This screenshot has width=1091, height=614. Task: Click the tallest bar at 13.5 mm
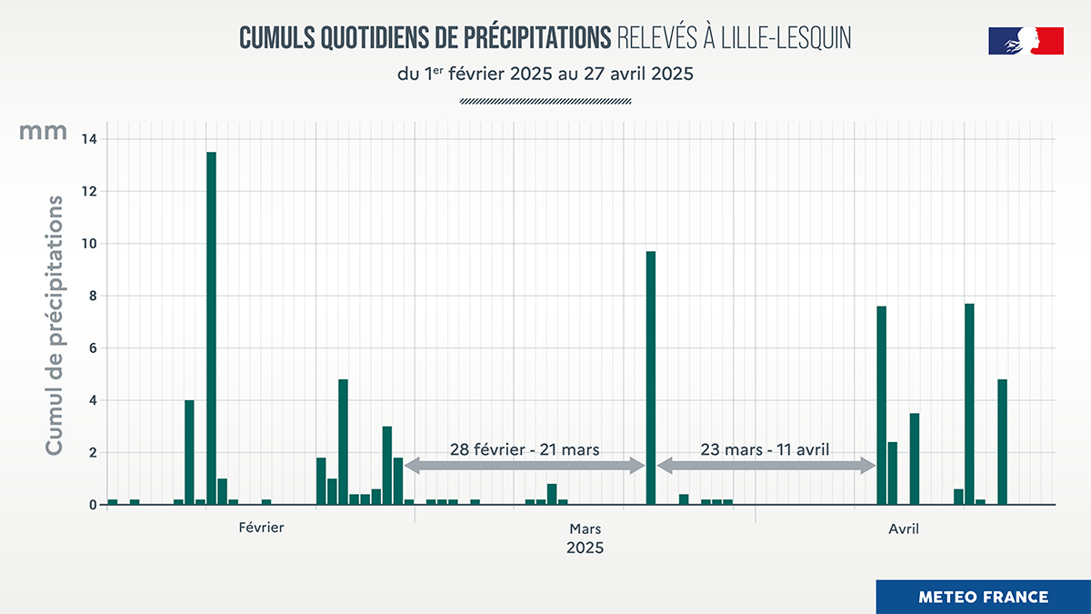coord(211,327)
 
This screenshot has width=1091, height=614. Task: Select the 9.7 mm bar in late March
coord(650,377)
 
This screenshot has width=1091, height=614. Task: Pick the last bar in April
coord(1002,441)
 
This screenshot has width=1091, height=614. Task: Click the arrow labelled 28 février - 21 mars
coord(525,466)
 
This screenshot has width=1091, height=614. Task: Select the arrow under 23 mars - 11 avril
coord(766,466)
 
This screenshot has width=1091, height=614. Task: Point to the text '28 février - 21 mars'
coord(525,448)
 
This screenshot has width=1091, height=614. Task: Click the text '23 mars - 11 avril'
coord(765,448)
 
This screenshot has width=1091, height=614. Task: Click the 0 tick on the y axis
coord(94,505)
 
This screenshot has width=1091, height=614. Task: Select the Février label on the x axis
coord(261,528)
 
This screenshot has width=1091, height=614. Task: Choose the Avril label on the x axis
coord(903,528)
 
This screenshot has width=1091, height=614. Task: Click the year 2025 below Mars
coord(585,549)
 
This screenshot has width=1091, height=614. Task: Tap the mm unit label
coord(44,132)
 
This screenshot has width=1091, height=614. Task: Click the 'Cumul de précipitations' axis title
coord(55,325)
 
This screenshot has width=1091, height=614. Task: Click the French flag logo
coord(1026,41)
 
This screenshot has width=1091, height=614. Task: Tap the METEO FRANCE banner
coord(983,597)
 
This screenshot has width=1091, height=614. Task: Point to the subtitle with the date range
coord(545,75)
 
